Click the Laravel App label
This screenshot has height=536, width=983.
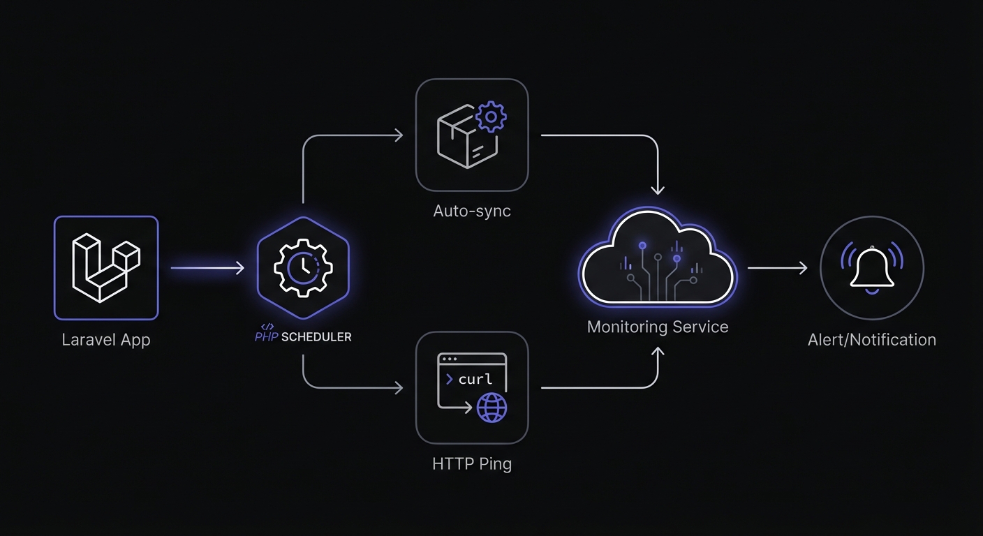(x=106, y=341)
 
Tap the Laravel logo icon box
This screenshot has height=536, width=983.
(x=106, y=268)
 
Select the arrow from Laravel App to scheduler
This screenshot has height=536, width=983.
(x=207, y=268)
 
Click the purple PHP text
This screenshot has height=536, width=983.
(x=267, y=337)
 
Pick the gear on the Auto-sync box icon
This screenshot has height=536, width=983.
(x=491, y=117)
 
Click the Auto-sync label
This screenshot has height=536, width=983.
(x=472, y=211)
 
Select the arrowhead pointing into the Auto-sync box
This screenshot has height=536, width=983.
(x=399, y=135)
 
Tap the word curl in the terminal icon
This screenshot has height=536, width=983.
(x=475, y=380)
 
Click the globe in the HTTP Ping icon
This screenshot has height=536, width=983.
(x=491, y=408)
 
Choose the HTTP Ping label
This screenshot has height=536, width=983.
(x=472, y=463)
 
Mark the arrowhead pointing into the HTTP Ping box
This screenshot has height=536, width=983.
(x=399, y=387)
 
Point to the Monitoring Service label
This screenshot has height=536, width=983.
(x=658, y=327)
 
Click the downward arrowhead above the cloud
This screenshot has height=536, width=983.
(x=658, y=190)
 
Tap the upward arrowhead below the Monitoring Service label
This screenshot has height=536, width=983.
(x=658, y=353)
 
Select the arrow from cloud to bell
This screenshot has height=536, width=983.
(x=777, y=268)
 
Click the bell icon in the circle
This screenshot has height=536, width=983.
(x=872, y=268)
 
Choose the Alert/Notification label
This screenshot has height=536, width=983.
(x=872, y=341)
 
